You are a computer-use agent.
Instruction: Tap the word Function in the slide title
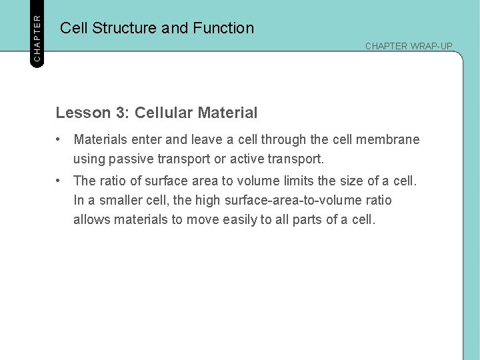pyautogui.click(x=223, y=28)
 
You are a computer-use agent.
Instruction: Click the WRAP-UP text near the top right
pyautogui.click(x=431, y=46)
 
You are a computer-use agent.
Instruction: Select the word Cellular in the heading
pyautogui.click(x=163, y=113)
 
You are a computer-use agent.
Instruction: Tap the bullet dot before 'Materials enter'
pyautogui.click(x=59, y=139)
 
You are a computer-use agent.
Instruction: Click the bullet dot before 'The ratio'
pyautogui.click(x=59, y=181)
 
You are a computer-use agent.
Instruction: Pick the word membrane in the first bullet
pyautogui.click(x=389, y=140)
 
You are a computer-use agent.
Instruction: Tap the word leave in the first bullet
pyautogui.click(x=207, y=140)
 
